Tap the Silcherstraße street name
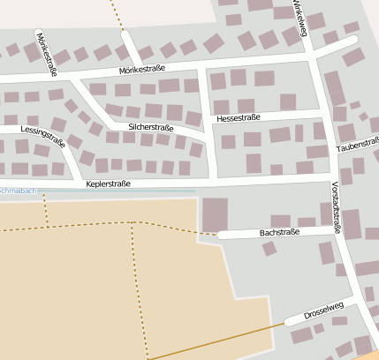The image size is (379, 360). point(150,127)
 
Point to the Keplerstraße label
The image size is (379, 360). point(109,184)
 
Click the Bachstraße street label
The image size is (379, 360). point(279,232)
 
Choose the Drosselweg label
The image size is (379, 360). point(322,311)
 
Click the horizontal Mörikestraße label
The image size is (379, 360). point(142,70)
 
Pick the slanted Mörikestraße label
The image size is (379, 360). point(46,53)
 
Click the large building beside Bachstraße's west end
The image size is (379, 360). point(215,214)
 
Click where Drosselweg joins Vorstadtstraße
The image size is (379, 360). point(355,301)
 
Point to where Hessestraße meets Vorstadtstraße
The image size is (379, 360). point(322,113)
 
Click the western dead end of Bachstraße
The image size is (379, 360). point(221,236)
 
